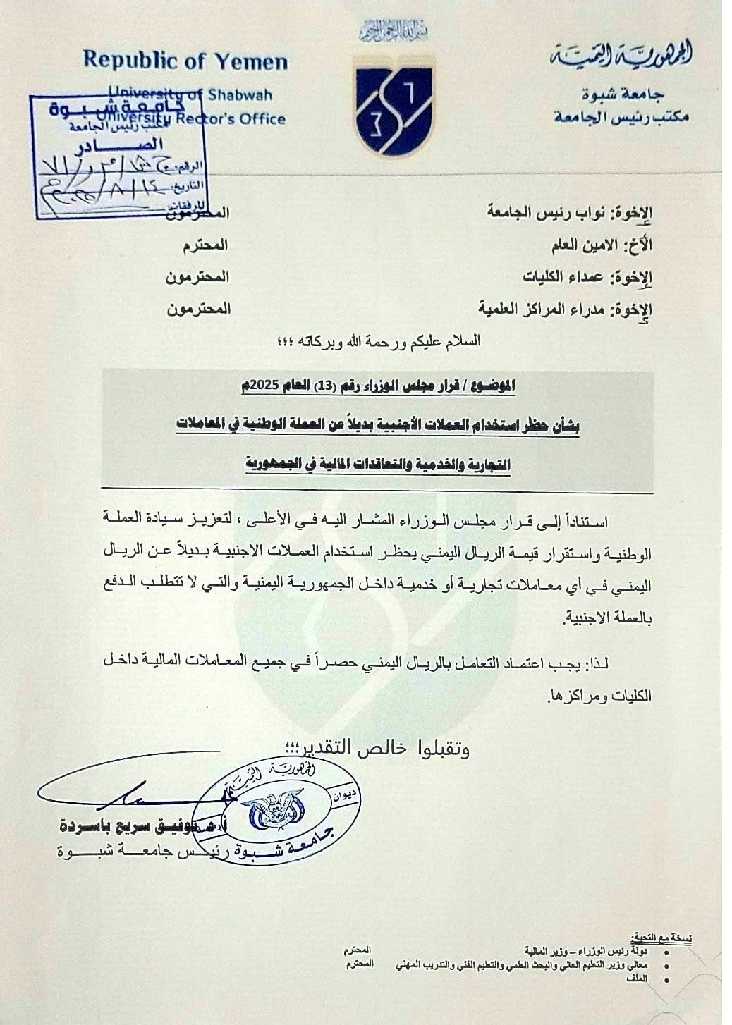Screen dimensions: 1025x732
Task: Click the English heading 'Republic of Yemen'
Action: (x=185, y=61)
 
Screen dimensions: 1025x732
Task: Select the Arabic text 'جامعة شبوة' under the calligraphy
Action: (x=623, y=94)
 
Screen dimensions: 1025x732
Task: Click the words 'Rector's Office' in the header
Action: (x=240, y=118)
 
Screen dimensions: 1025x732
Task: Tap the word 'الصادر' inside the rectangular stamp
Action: (x=101, y=147)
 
